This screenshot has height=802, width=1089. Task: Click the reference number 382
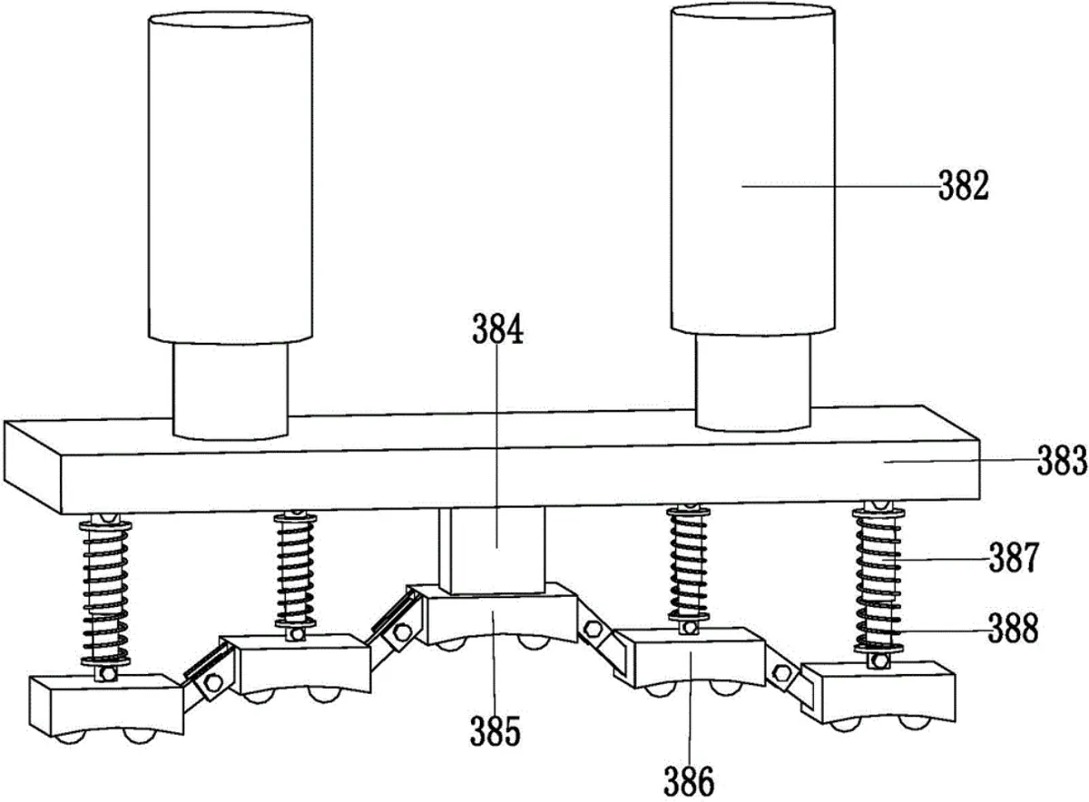(964, 186)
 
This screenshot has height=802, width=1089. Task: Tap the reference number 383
(1062, 460)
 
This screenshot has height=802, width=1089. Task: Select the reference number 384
(497, 329)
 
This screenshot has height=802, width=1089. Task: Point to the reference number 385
(495, 731)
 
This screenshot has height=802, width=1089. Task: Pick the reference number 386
(690, 780)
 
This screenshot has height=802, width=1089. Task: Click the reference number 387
(1014, 558)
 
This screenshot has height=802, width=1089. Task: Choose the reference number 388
(1014, 628)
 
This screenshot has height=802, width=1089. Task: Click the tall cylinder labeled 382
(753, 171)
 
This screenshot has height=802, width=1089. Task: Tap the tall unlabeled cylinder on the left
(230, 178)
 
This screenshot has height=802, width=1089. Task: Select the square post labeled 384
(492, 550)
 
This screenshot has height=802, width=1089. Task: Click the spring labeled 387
(878, 579)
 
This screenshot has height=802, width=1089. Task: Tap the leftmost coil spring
(106, 591)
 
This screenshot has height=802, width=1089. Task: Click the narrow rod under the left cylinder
(230, 390)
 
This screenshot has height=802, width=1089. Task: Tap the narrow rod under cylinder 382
(753, 382)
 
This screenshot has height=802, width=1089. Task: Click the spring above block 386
(689, 565)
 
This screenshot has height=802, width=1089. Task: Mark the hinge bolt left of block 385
(403, 632)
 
